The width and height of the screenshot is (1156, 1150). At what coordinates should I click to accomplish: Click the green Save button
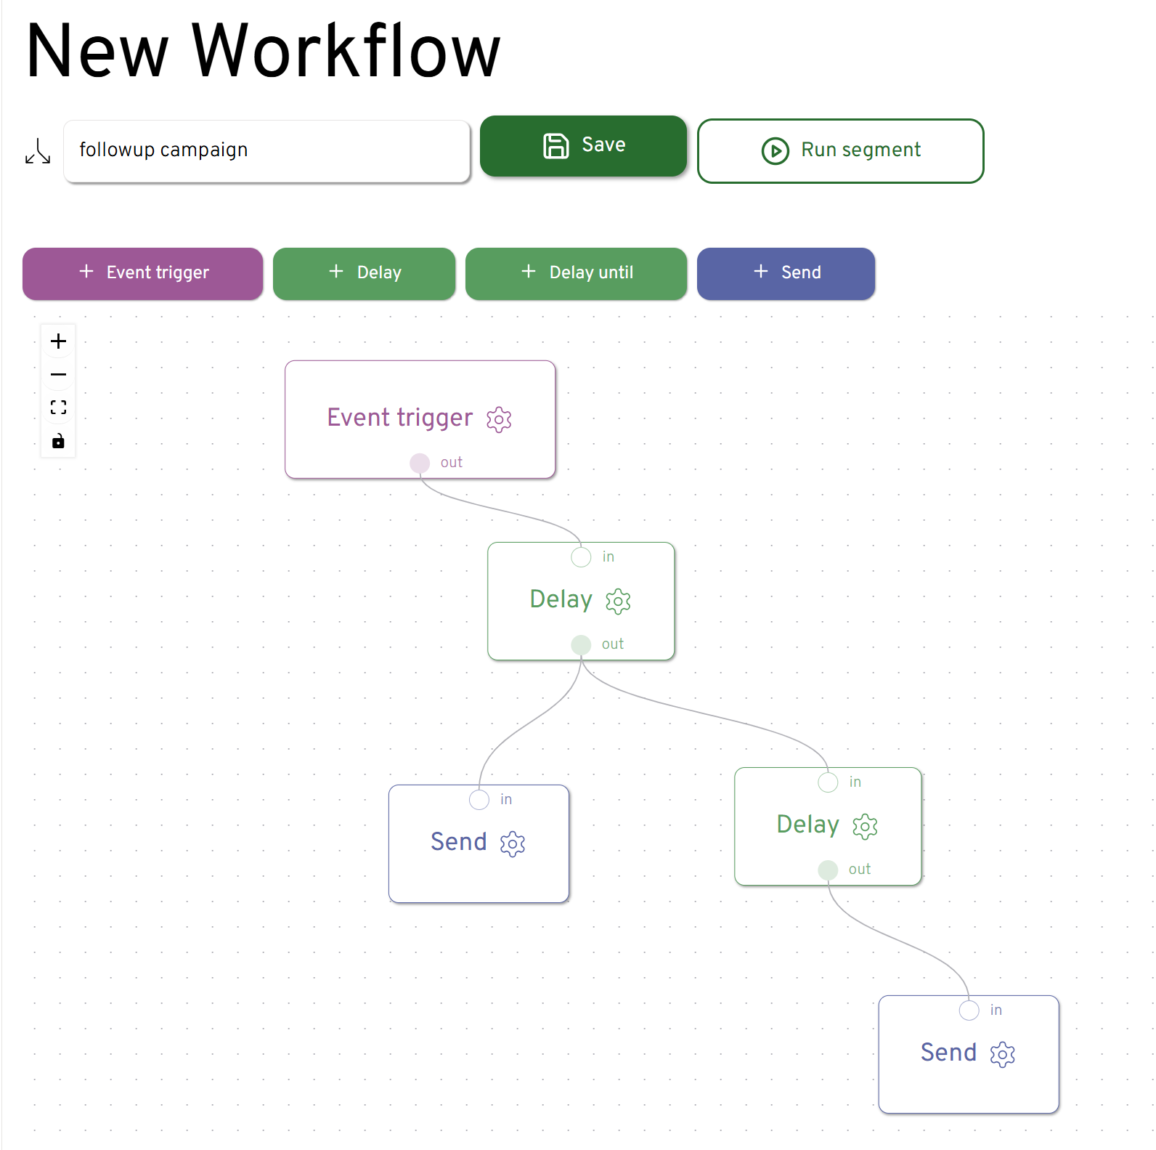point(583,146)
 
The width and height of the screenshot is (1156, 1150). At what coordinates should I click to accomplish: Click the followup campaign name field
point(266,150)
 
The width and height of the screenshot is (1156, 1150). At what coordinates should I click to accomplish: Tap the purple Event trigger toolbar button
point(142,273)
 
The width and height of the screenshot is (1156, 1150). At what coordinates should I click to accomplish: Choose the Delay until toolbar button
point(576,273)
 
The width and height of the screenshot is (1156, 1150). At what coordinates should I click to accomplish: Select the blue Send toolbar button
point(786,273)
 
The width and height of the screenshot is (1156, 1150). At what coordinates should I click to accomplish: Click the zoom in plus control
point(59,341)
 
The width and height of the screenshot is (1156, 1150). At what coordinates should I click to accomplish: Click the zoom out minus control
point(59,375)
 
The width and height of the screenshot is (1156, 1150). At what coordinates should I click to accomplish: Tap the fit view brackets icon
point(59,408)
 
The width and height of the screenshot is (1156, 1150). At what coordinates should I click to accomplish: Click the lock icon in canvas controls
point(59,441)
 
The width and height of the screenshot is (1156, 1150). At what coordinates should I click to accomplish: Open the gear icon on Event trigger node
point(499,419)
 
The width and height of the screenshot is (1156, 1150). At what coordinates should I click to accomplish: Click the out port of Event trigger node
point(420,463)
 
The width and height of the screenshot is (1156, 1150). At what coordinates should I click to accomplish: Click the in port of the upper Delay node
point(581,557)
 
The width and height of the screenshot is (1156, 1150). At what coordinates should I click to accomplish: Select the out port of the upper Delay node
point(581,644)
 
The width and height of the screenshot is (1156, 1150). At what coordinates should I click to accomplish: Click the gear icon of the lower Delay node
point(865,826)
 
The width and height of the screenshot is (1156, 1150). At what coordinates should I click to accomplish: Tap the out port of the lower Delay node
point(828,870)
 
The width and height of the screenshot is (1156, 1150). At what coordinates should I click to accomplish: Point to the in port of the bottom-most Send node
point(969,1011)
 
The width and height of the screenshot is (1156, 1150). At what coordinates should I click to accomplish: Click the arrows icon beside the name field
point(38,151)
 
